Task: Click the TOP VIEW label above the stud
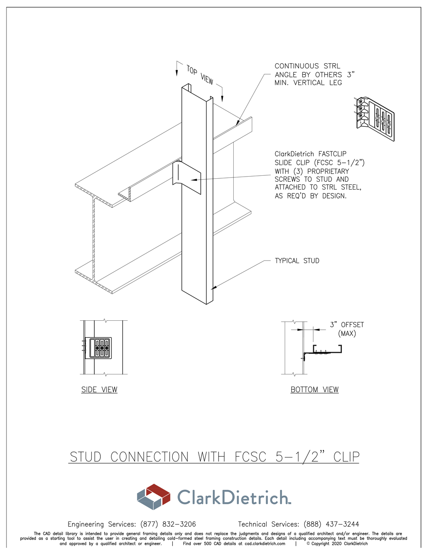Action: pos(200,74)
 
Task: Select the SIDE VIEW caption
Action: pos(99,390)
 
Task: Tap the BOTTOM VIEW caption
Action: pos(315,390)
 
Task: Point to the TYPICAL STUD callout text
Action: pos(297,261)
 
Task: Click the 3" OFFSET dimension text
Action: pos(347,325)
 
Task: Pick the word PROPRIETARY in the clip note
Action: pos(328,171)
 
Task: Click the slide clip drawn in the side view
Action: pos(100,348)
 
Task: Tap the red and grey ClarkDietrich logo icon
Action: pos(154,497)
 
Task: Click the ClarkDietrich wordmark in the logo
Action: pos(234,497)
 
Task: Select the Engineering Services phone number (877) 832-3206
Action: pos(168,524)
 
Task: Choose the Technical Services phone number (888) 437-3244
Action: pos(331,524)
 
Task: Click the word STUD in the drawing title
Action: pos(86,457)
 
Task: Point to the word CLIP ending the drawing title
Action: pos(346,457)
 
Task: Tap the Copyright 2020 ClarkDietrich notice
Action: pos(337,544)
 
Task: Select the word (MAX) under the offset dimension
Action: pos(347,334)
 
